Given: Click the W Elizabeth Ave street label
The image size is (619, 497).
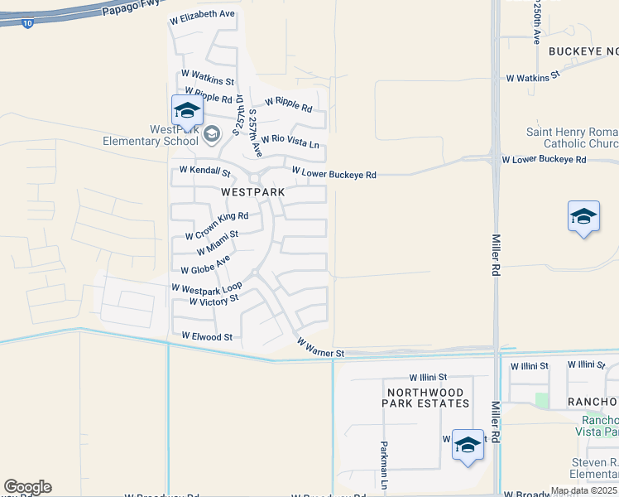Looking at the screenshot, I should click(x=203, y=14).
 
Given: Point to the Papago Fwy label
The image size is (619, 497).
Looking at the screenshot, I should click(x=131, y=8).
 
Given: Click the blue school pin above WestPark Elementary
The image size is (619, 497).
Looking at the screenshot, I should click(x=187, y=111).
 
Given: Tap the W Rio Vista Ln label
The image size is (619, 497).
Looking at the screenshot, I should click(x=290, y=143).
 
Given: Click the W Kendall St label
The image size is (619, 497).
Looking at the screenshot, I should click(x=205, y=171).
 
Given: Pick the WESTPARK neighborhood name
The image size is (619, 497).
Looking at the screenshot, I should click(x=253, y=191).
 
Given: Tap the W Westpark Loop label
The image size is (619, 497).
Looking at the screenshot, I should click(x=206, y=287).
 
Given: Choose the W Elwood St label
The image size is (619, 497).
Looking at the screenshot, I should click(x=207, y=337).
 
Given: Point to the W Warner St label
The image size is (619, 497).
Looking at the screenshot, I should click(x=320, y=348).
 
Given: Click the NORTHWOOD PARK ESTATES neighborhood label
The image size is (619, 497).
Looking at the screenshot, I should click(x=425, y=397).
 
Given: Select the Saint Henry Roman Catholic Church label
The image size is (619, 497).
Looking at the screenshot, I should click(x=572, y=138).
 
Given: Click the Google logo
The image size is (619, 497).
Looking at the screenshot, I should click(x=27, y=486).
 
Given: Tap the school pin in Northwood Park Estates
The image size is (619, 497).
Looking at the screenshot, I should click(x=468, y=445).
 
